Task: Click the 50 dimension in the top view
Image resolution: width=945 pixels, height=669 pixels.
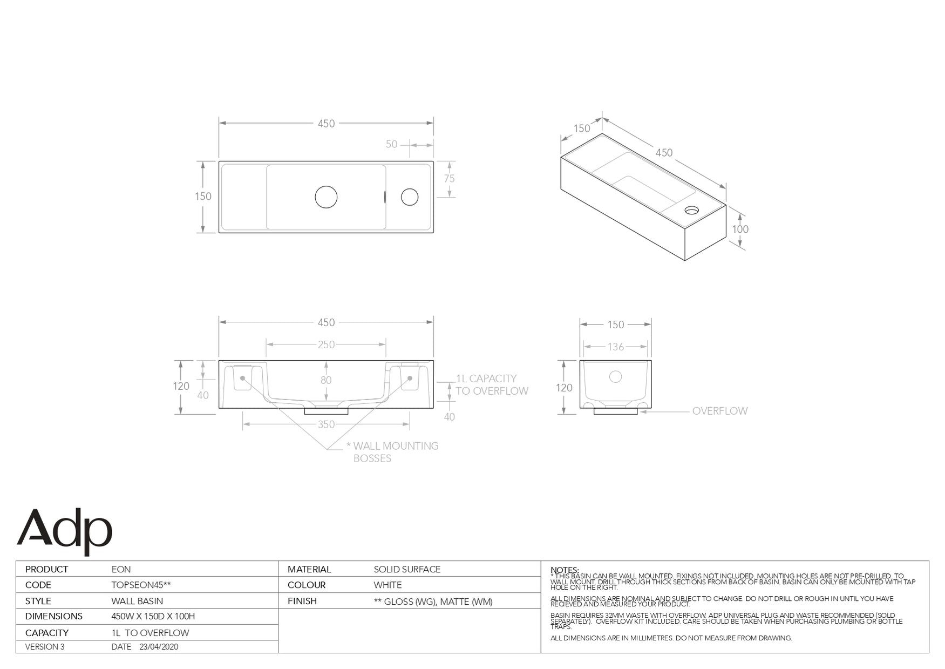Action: pos(391,144)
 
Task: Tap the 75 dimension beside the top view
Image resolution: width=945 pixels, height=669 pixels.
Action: pos(449,179)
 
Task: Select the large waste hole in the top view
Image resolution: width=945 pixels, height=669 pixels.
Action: pos(326,197)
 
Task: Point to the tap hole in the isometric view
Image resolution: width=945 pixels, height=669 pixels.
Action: pos(691,210)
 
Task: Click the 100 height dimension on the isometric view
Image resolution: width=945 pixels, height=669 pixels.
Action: pos(740,229)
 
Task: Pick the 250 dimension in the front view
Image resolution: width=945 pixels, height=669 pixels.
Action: pos(326,344)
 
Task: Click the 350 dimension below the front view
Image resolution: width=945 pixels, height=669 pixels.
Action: pos(326,424)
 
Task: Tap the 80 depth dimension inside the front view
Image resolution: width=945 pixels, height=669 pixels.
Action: pos(326,380)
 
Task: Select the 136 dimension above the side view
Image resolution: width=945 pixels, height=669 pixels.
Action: pos(616,347)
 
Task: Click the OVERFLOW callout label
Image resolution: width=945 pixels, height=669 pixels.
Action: pos(719,411)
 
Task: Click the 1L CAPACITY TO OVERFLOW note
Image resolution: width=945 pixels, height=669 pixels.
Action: pos(492,384)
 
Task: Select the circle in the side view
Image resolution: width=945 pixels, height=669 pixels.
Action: pos(615,377)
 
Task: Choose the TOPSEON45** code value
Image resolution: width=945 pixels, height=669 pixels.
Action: pos(141,585)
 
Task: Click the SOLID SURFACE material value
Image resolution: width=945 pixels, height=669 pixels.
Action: pos(407,569)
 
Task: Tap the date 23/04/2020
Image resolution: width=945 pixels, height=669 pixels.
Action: pos(159,646)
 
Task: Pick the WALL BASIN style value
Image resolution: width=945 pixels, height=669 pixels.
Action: pos(137,601)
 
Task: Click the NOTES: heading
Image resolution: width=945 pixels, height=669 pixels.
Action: pos(565,570)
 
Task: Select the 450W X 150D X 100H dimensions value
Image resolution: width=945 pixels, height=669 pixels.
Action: pos(153,616)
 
